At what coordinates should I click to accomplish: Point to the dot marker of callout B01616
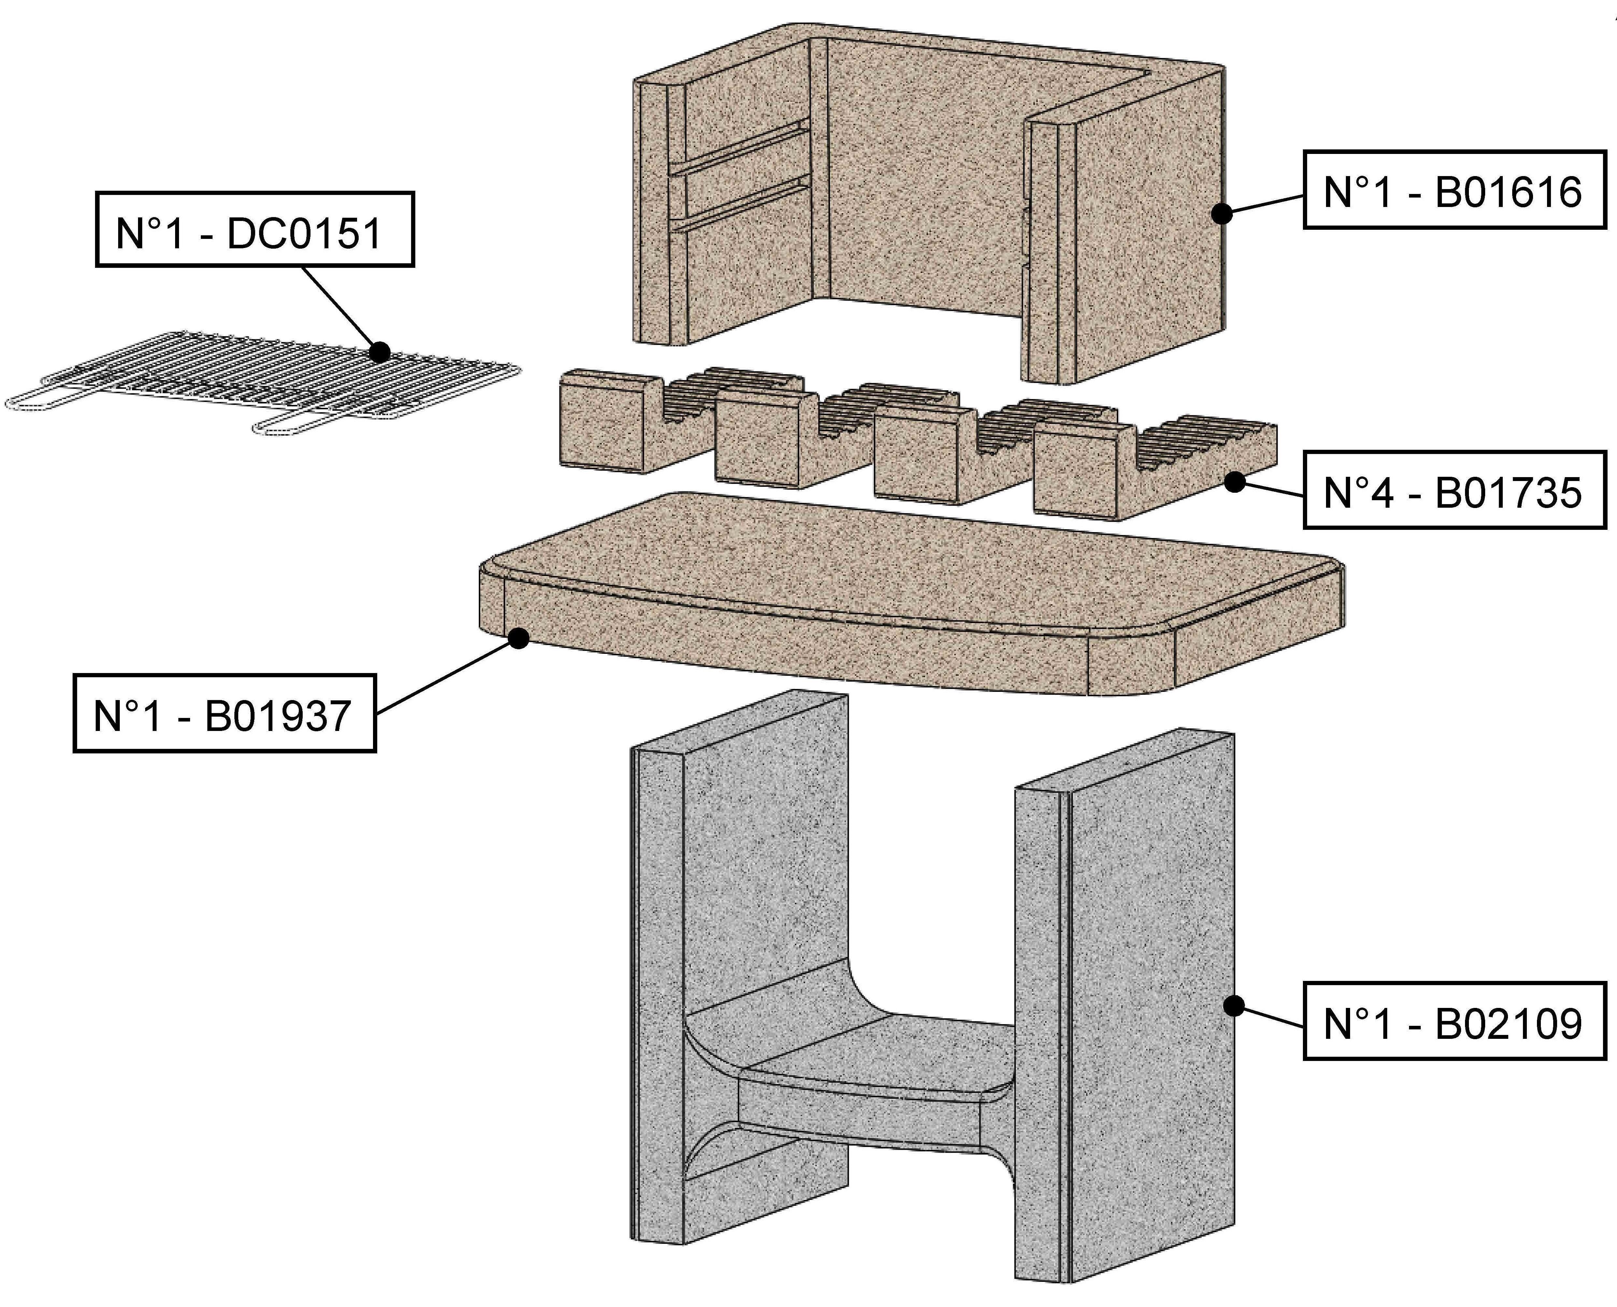(x=1222, y=214)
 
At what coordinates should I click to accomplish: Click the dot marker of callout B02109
(x=1233, y=1006)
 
